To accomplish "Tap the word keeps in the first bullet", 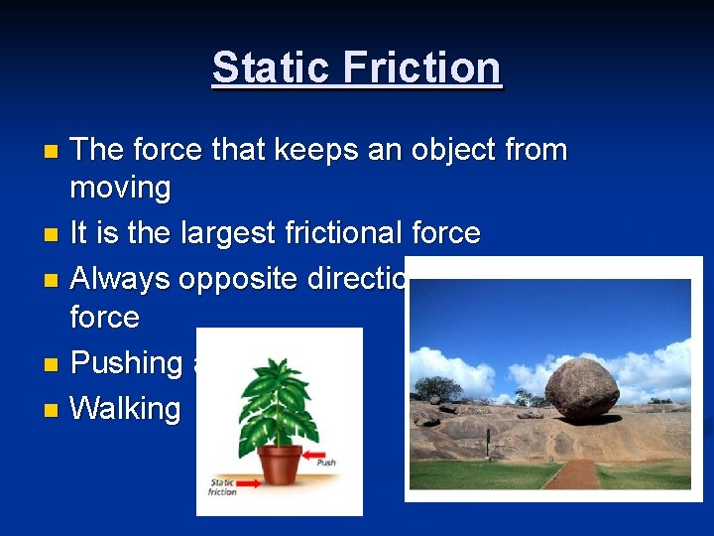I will (x=289, y=151).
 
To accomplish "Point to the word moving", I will (x=120, y=187).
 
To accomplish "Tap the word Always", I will (x=120, y=279).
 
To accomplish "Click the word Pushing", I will (x=127, y=363).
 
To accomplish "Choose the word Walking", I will (x=126, y=408).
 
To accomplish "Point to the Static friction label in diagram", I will (x=221, y=486).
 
